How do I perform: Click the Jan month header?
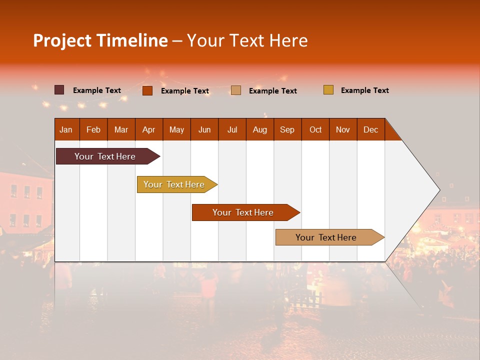(x=66, y=130)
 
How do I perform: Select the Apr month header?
(x=149, y=130)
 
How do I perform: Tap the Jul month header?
(x=232, y=130)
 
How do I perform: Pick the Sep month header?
(x=287, y=130)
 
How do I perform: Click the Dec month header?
(x=370, y=130)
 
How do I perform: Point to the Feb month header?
(x=93, y=130)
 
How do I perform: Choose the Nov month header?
(x=343, y=130)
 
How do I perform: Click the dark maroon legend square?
(x=59, y=90)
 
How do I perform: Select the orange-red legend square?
(x=147, y=90)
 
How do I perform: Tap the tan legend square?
(x=236, y=90)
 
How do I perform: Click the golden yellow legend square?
(x=328, y=90)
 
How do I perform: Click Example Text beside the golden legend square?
(x=364, y=90)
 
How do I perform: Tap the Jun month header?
(x=204, y=130)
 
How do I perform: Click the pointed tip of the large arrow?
(x=438, y=190)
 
